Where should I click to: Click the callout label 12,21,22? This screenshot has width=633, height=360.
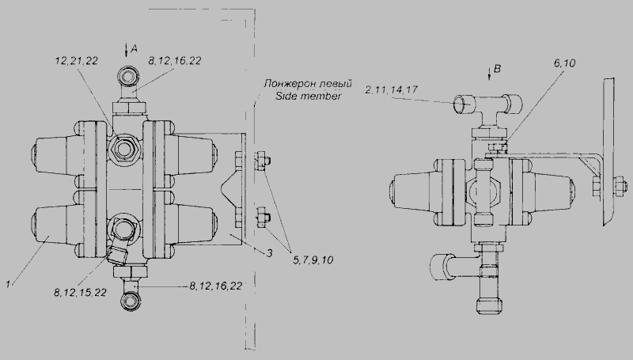(76, 61)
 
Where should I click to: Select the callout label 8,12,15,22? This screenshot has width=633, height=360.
(80, 292)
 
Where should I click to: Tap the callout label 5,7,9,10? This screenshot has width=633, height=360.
(313, 260)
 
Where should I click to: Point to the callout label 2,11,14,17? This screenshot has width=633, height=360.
(391, 89)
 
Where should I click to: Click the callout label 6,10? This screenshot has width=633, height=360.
(565, 63)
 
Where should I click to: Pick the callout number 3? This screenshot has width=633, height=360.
(269, 253)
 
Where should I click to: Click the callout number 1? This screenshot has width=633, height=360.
(8, 284)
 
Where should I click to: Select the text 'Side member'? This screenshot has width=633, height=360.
(308, 96)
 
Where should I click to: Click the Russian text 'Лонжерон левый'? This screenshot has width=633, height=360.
(308, 84)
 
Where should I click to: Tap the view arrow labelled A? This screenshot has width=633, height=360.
(127, 50)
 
